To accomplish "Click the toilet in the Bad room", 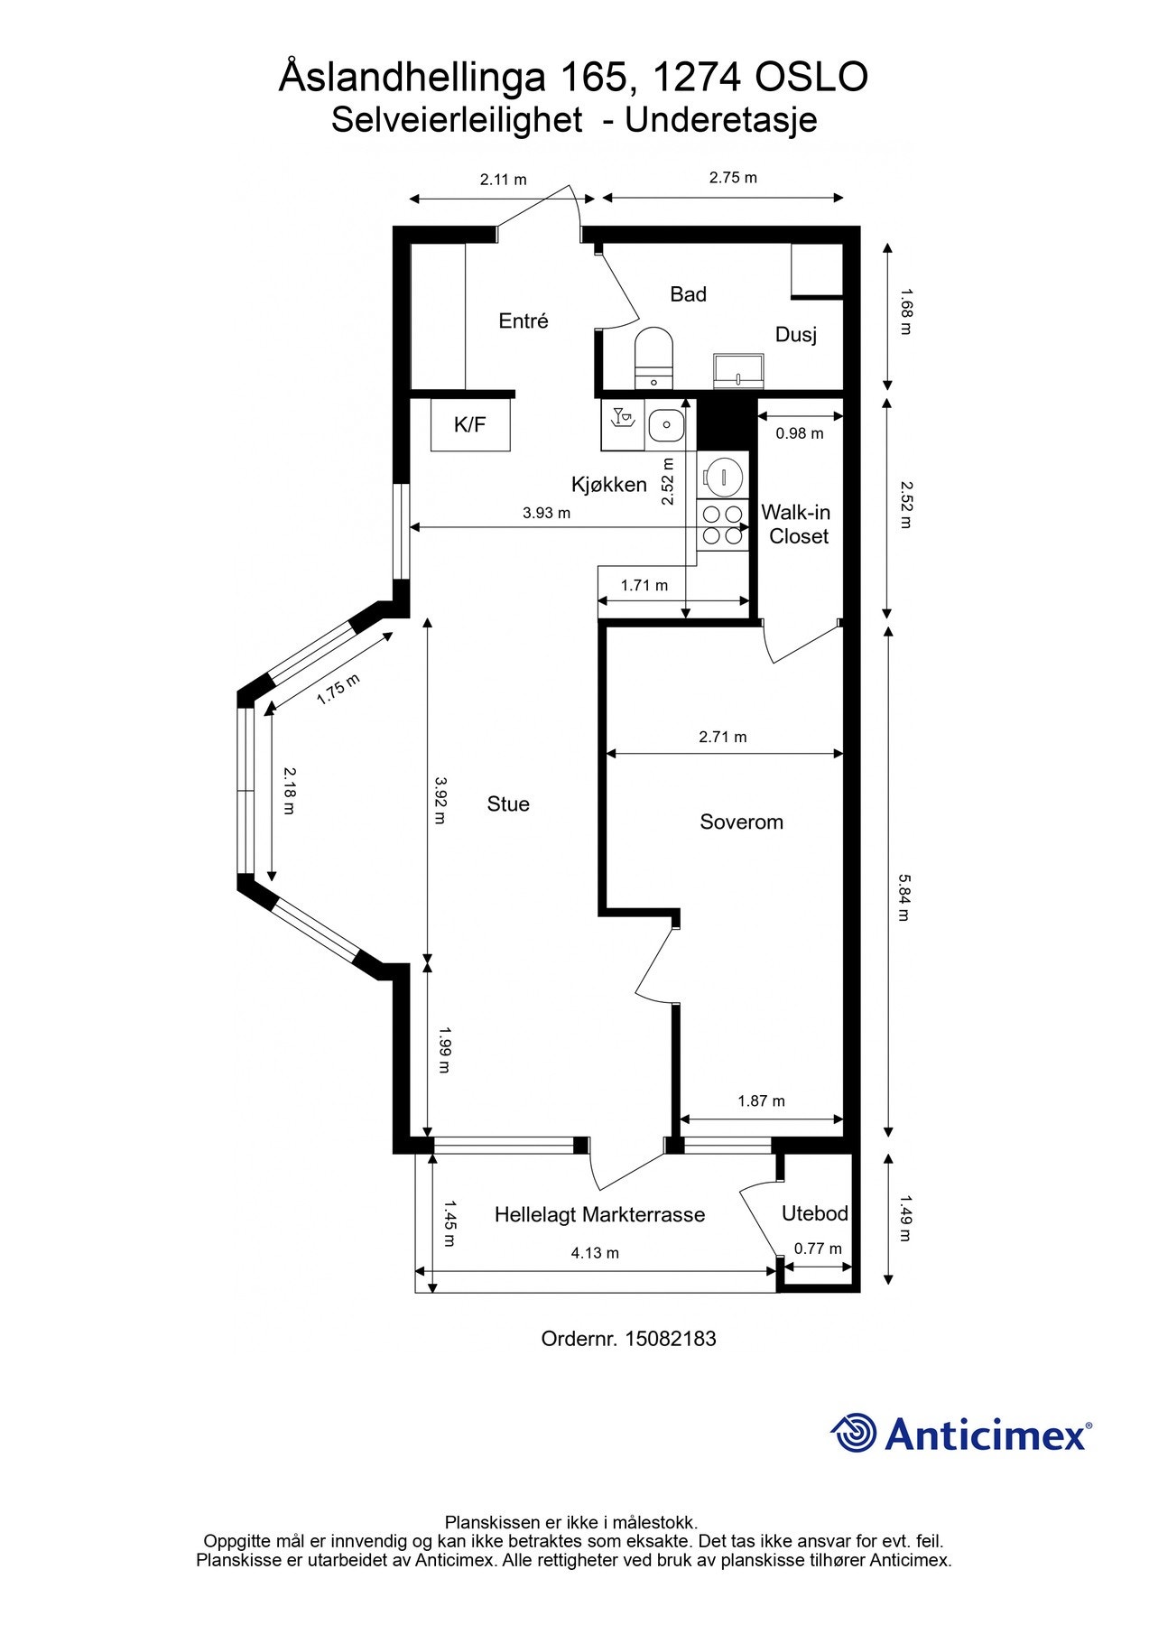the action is point(654,357).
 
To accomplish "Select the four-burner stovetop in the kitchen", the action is point(723,525).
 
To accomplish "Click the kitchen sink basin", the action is point(666,422).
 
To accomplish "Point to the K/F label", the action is point(470,424).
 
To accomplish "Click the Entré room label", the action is point(524,320).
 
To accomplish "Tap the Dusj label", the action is point(796,335).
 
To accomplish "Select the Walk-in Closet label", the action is point(796,525).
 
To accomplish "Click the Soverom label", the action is point(741,822).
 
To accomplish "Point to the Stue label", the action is point(508,803).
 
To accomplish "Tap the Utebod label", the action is point(815,1213).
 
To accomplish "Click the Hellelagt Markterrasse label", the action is point(599,1215).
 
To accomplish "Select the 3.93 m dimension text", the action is point(546,513).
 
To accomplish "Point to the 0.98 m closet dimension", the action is point(800,433).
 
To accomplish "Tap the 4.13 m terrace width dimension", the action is point(595,1252).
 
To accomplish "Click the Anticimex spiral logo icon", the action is point(854,1433).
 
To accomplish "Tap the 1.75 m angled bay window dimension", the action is point(338,691).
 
